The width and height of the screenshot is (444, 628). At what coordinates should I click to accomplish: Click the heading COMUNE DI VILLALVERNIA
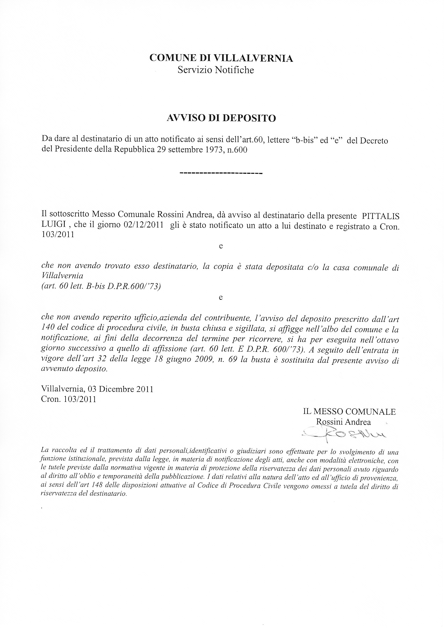click(221, 58)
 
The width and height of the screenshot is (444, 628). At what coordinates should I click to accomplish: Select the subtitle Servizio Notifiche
click(216, 70)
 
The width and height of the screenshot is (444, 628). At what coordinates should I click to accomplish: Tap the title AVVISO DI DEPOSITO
click(221, 118)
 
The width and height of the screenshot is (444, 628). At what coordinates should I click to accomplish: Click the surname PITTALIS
click(381, 216)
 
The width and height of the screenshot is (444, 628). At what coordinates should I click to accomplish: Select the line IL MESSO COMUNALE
click(349, 412)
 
